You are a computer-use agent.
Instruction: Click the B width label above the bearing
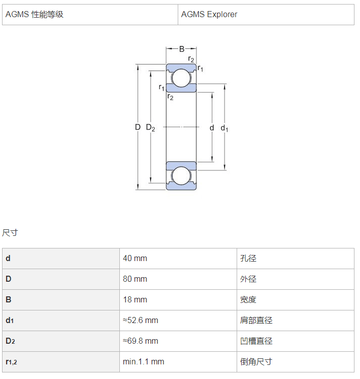(182, 49)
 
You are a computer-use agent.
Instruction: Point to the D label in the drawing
(137, 127)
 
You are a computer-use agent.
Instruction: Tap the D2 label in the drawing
(151, 128)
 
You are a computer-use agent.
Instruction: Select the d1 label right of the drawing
(224, 128)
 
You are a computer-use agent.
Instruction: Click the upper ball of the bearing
(181, 78)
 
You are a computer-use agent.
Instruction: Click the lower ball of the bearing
(181, 176)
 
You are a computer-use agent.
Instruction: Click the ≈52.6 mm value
(140, 320)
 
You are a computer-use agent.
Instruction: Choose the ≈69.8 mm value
(140, 341)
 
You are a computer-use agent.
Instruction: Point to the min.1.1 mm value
(143, 361)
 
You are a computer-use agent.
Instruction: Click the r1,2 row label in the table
(12, 362)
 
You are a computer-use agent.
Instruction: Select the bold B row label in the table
(9, 300)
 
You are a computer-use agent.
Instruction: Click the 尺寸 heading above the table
(10, 233)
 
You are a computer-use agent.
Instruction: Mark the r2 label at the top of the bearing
(191, 59)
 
